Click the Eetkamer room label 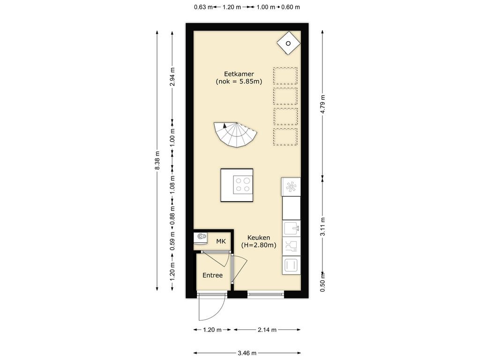point(239,74)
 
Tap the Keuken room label point(259,238)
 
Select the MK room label point(221,241)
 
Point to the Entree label point(212,275)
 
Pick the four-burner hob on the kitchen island point(242,185)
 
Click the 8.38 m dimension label point(157,160)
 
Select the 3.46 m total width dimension point(247,353)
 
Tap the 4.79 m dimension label point(322,105)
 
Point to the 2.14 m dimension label point(267,330)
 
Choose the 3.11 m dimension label point(322,227)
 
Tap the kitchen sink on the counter point(291,228)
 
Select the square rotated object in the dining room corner point(288,43)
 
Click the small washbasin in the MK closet point(201,237)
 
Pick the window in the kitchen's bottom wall point(265,294)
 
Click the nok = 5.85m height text point(239,82)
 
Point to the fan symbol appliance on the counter point(291,187)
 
